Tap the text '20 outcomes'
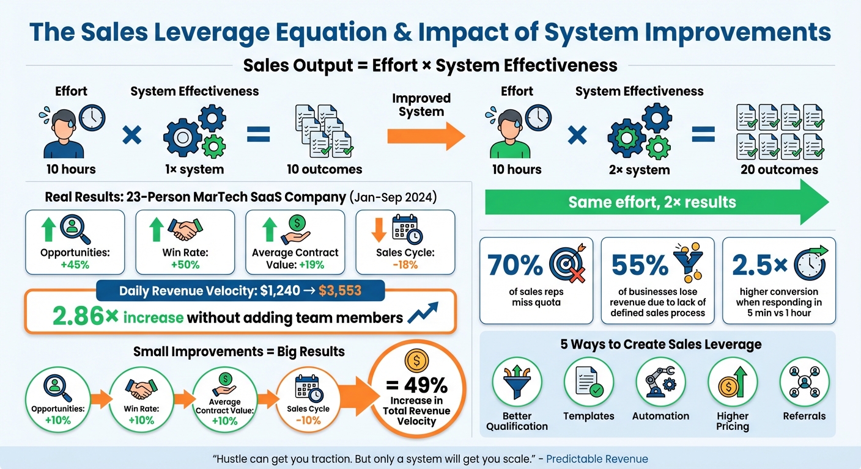(779, 169)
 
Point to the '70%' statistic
(515, 265)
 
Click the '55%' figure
(640, 265)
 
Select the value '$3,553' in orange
(347, 291)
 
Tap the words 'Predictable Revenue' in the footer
(597, 459)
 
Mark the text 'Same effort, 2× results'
(652, 202)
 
